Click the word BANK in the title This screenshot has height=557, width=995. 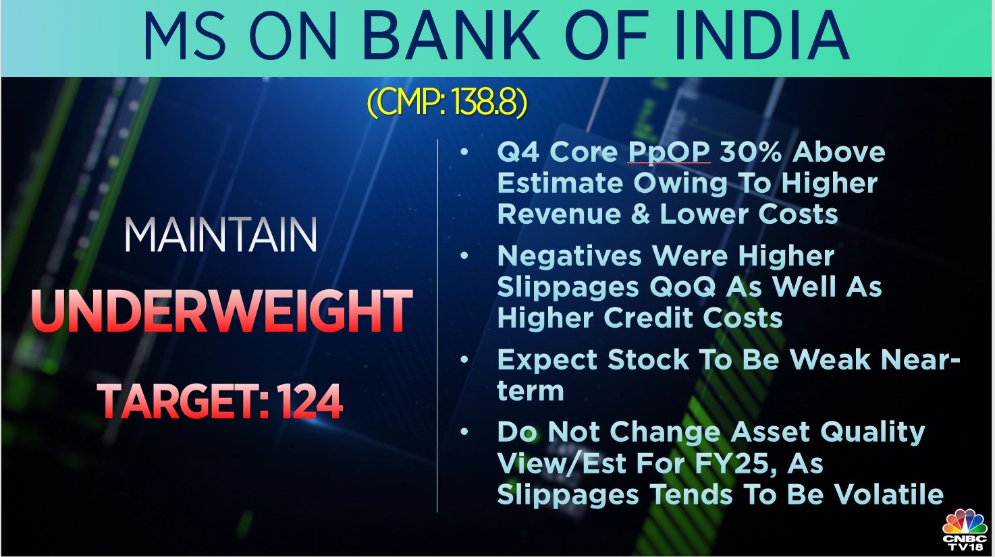coord(452,37)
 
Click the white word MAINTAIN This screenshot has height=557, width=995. coord(221,235)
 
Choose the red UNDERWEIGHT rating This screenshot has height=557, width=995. coord(221,310)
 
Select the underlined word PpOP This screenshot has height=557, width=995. coord(668,152)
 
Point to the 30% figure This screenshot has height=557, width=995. coord(751,152)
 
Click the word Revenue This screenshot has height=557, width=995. coord(559,214)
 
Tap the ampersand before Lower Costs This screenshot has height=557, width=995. coord(640,214)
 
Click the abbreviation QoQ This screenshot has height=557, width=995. coord(682,287)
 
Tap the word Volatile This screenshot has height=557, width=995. coord(888,494)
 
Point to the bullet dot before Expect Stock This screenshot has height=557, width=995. coord(464,359)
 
